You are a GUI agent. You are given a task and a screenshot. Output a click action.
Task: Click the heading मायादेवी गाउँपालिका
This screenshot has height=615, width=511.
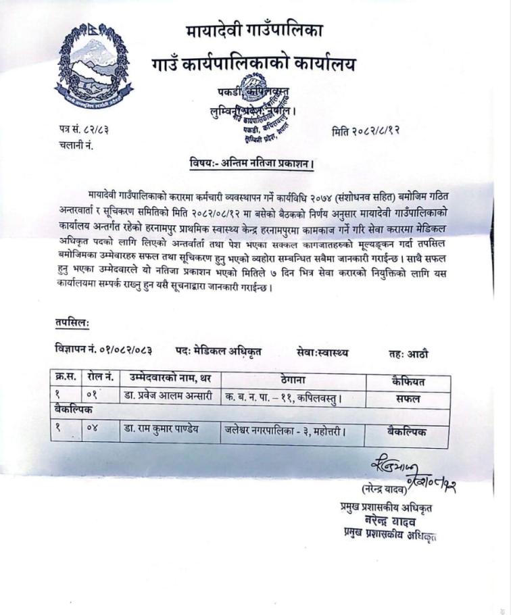click(253, 32)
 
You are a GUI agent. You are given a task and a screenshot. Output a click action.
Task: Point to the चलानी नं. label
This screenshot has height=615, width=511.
click(76, 144)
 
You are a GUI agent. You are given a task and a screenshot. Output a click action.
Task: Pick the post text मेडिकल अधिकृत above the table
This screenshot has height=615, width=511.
click(228, 351)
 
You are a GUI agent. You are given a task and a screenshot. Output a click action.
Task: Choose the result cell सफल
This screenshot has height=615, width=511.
click(408, 399)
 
